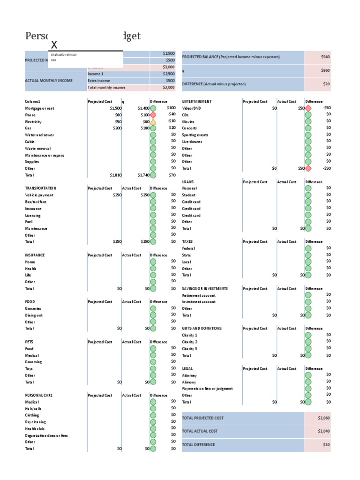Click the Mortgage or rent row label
click(40, 108)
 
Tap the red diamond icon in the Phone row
click(153, 115)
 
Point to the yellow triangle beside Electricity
click(153, 121)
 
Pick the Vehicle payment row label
click(39, 195)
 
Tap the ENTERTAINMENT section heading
click(197, 101)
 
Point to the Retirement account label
click(199, 295)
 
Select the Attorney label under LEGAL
click(189, 375)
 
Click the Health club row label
click(35, 428)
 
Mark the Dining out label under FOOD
click(34, 315)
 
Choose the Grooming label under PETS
click(33, 362)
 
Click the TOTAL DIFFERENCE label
click(199, 444)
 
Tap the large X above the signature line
click(54, 45)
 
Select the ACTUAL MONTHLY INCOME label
click(49, 81)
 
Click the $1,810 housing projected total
click(115, 175)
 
